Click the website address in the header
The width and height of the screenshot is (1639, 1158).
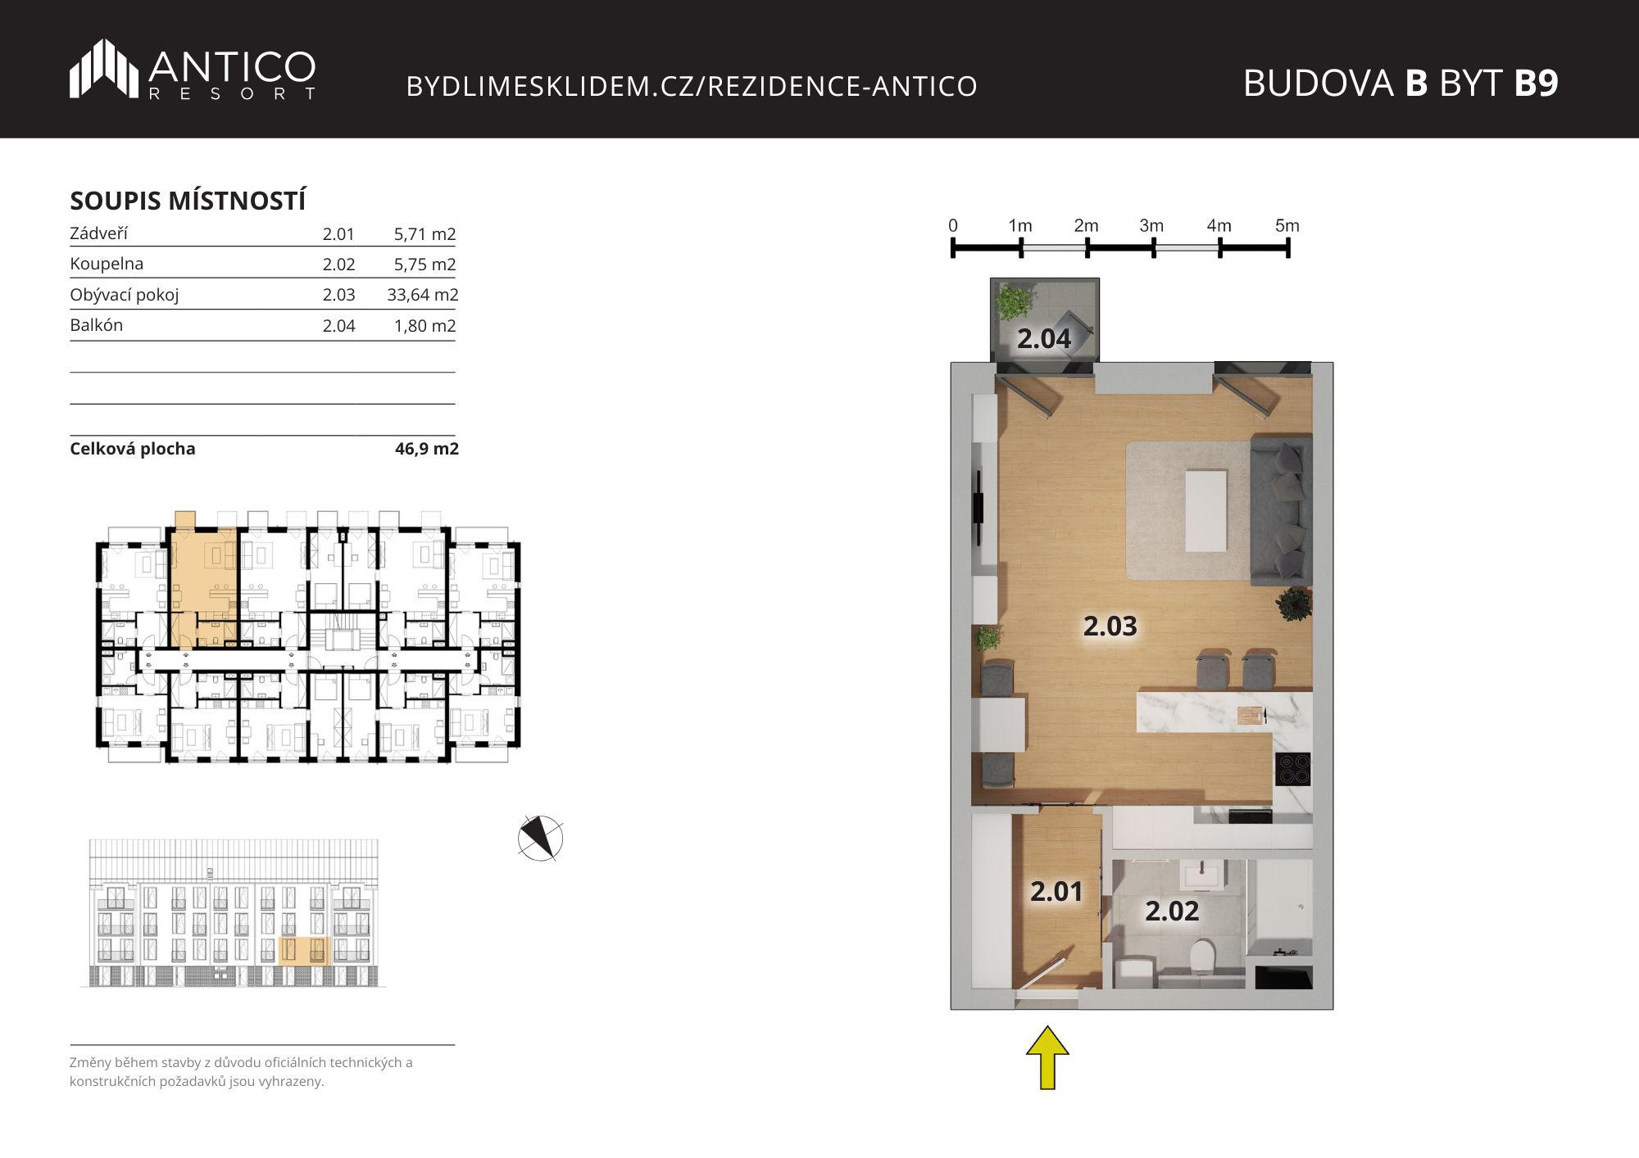(x=692, y=86)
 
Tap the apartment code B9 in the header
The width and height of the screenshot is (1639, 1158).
(x=1536, y=83)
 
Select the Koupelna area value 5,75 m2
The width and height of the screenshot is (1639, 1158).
(x=425, y=265)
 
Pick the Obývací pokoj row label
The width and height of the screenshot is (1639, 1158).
(x=124, y=295)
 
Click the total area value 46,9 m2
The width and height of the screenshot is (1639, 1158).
(x=427, y=449)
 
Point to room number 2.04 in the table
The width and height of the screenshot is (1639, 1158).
(x=338, y=326)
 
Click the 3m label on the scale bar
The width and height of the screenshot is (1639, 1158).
(x=1151, y=225)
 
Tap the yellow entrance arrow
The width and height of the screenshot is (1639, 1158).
(x=1047, y=1057)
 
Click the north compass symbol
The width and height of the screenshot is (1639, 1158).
(x=540, y=838)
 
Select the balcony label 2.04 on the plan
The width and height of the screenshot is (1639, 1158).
(x=1044, y=338)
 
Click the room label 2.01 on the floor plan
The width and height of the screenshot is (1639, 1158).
(x=1056, y=891)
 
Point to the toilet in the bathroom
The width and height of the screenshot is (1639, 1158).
(x=1202, y=955)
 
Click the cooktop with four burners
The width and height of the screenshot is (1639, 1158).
(x=1293, y=770)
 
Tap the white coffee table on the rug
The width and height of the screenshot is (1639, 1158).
(x=1206, y=510)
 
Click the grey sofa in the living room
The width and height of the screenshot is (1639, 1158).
(x=1281, y=511)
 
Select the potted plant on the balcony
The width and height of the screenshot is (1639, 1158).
(x=1015, y=302)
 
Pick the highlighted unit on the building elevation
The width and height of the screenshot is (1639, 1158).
(x=304, y=952)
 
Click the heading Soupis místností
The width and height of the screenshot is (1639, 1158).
(x=188, y=201)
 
